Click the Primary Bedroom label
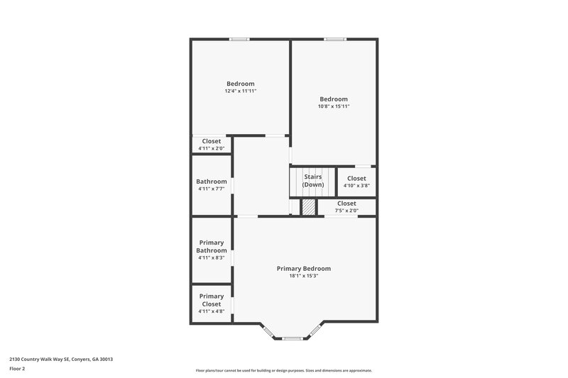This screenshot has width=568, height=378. pyautogui.click(x=303, y=269)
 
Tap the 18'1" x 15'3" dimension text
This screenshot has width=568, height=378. pyautogui.click(x=303, y=276)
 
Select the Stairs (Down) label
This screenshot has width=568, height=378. pyautogui.click(x=313, y=180)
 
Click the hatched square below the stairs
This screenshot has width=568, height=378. pyautogui.click(x=309, y=207)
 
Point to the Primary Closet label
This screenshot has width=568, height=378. pyautogui.click(x=211, y=300)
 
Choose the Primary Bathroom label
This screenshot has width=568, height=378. pyautogui.click(x=211, y=246)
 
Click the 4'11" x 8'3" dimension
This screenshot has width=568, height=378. pyautogui.click(x=211, y=257)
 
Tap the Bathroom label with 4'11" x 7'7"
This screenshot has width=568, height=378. pyautogui.click(x=212, y=182)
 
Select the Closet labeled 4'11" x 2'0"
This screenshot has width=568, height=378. pyautogui.click(x=211, y=141)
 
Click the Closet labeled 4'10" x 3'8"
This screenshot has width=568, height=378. pyautogui.click(x=356, y=179)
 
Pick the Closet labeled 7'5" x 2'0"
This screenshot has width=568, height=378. pyautogui.click(x=346, y=204)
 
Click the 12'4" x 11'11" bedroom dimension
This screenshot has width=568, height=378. pyautogui.click(x=240, y=91)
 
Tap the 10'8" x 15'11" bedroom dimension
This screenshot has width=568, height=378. pyautogui.click(x=334, y=106)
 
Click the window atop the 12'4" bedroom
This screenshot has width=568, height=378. pyautogui.click(x=239, y=39)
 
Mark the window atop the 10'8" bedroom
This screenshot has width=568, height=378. pyautogui.click(x=334, y=39)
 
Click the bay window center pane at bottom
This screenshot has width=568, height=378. pyautogui.click(x=292, y=338)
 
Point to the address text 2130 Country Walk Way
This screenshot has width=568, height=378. pyautogui.click(x=61, y=359)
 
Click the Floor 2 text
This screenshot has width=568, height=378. pyautogui.click(x=17, y=369)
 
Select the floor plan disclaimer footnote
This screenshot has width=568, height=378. pyautogui.click(x=283, y=370)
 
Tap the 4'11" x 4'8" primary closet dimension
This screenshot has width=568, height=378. pyautogui.click(x=211, y=311)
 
